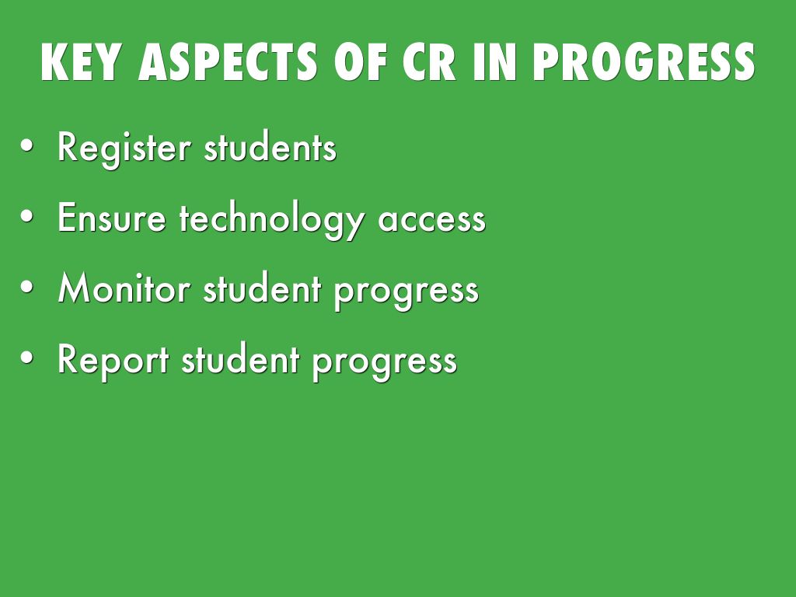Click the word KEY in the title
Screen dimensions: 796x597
81,62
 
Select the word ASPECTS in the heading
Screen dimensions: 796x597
228,62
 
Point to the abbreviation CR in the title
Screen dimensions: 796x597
429,62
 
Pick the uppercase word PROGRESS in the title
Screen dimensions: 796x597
644,62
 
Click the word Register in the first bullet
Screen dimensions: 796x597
124,148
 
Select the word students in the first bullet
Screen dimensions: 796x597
270,146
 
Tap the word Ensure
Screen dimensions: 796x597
112,218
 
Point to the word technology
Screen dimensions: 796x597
272,219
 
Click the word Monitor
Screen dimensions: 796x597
124,288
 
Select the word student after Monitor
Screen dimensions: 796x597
263,288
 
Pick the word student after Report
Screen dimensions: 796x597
241,359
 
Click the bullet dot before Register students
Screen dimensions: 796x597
27,145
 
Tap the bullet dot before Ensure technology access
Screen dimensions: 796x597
27,216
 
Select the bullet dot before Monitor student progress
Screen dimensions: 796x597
27,287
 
